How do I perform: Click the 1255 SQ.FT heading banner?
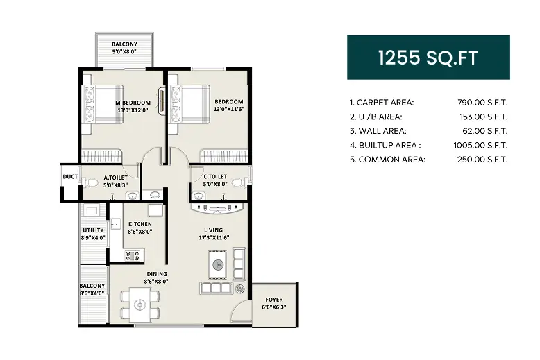click(x=428, y=58)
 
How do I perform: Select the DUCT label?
click(x=70, y=177)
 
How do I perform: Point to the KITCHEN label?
click(x=140, y=224)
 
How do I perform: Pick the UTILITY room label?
click(x=93, y=230)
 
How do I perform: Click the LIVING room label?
click(x=212, y=230)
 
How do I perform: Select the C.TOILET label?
click(x=215, y=178)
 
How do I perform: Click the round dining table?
click(x=141, y=303)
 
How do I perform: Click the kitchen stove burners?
click(x=131, y=255)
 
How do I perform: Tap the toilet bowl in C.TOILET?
click(x=239, y=182)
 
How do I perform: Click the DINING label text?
click(x=155, y=274)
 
